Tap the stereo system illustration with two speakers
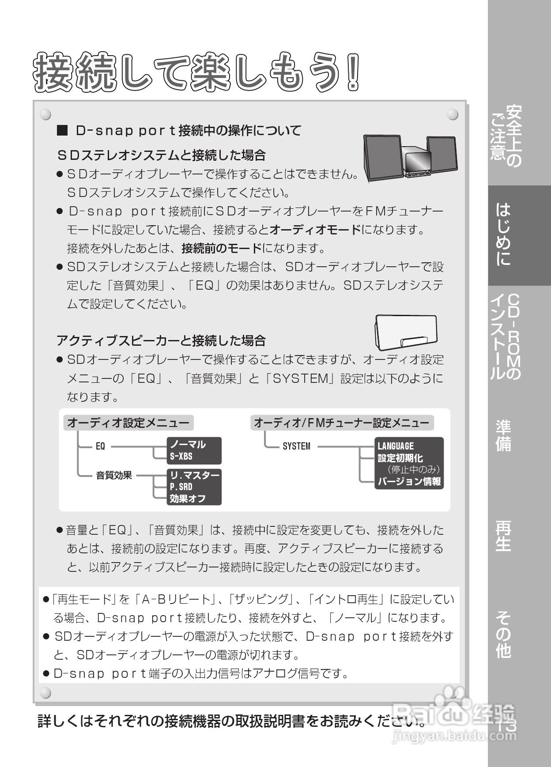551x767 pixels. tap(410, 158)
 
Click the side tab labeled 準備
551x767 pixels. tap(504, 436)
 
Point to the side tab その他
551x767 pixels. tap(504, 635)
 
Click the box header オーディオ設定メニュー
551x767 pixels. tap(128, 423)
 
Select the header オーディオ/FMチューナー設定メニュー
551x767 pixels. tap(341, 423)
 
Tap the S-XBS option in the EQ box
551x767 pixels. tap(181, 457)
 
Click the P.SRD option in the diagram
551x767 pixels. tap(181, 487)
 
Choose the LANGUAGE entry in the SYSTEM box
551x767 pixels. tap(396, 446)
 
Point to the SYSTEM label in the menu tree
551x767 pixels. tap(296, 446)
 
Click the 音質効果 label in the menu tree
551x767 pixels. tap(114, 476)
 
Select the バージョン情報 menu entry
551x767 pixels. tap(409, 482)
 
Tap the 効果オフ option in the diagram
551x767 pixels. tap(188, 499)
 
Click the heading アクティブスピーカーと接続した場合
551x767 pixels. tap(161, 340)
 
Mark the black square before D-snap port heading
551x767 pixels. tap(62, 131)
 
